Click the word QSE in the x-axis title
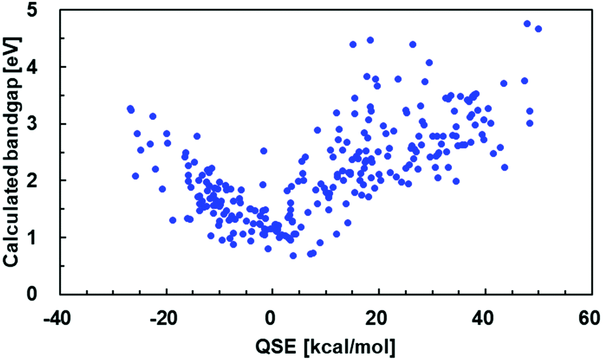(x=271, y=346)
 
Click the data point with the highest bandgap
(x=527, y=23)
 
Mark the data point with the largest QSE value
(x=538, y=29)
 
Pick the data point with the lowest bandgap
(x=293, y=255)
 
